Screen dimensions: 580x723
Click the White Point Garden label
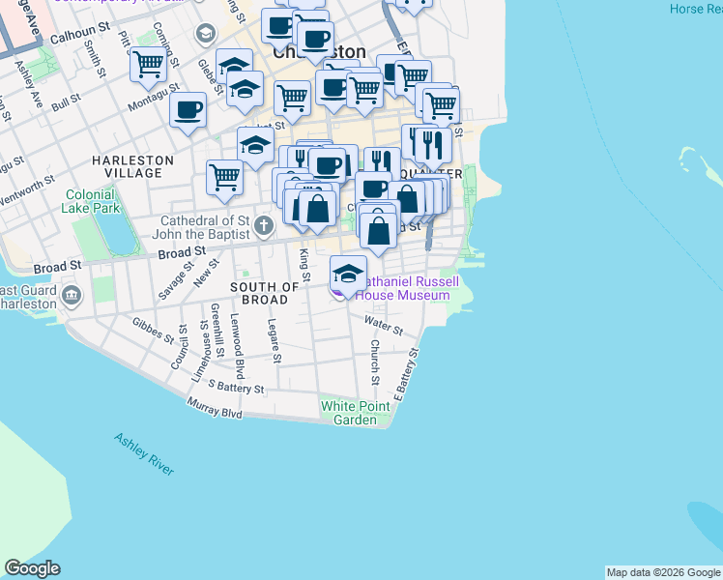(348, 413)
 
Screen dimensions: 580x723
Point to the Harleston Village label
(133, 166)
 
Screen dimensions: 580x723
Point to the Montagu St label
(155, 93)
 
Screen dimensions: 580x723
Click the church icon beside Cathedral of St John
(265, 225)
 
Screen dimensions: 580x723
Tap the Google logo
(32, 568)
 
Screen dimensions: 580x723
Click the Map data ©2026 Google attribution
(663, 572)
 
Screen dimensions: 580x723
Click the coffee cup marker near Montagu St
(188, 108)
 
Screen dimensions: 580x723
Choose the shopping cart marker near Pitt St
(148, 64)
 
